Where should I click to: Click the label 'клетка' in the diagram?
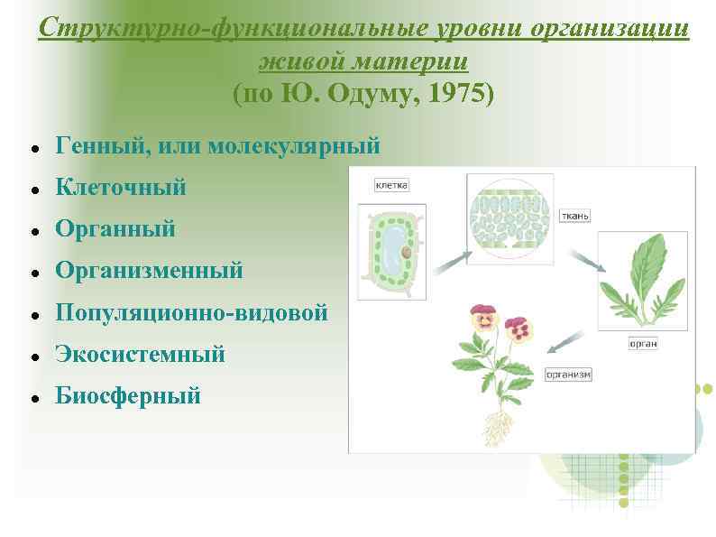tap(391, 185)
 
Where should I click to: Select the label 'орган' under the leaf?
tap(643, 343)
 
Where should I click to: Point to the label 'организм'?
tap(568, 374)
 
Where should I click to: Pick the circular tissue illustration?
tap(510, 218)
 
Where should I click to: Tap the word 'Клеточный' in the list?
tap(121, 188)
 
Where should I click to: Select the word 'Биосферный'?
tap(128, 395)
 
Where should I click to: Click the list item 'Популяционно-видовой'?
tap(191, 312)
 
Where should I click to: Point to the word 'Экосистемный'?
tap(140, 354)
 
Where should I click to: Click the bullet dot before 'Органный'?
tap(33, 231)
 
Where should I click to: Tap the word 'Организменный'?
tap(149, 271)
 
